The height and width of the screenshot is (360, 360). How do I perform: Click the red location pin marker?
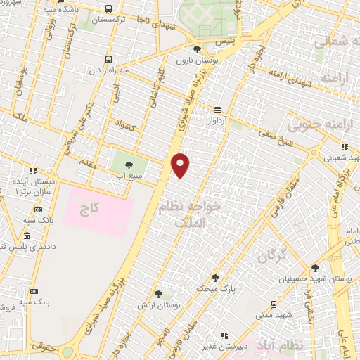(x=181, y=165)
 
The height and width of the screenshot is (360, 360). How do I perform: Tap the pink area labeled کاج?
(x=98, y=211)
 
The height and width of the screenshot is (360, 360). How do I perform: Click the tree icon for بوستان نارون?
(x=197, y=49)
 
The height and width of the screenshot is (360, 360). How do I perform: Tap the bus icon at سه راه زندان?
(x=108, y=60)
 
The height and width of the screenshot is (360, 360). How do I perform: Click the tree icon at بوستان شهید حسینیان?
(x=315, y=268)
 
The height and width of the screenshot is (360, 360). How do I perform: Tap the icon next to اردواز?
(x=217, y=110)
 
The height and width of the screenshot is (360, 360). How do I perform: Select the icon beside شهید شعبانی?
(x=345, y=147)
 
